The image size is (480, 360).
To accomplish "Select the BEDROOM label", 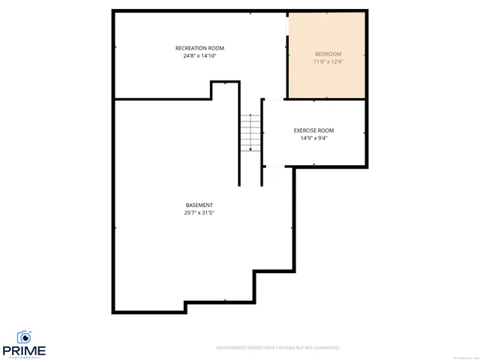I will [x=328, y=54].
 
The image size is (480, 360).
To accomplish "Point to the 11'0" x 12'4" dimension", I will [x=328, y=62].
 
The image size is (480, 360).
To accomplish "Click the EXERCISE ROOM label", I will [x=313, y=130].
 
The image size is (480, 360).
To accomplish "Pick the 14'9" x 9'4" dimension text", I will [x=313, y=138].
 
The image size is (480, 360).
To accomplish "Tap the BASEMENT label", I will [x=199, y=205].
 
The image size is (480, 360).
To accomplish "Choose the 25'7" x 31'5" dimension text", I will [x=199, y=213].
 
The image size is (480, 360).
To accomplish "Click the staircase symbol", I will [x=250, y=133].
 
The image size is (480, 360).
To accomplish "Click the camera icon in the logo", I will [x=24, y=337].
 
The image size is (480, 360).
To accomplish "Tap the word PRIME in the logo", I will [x=24, y=350].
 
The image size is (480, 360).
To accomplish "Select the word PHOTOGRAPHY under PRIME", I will [x=24, y=357].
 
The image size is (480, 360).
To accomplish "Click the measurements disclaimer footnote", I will [x=278, y=348].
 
